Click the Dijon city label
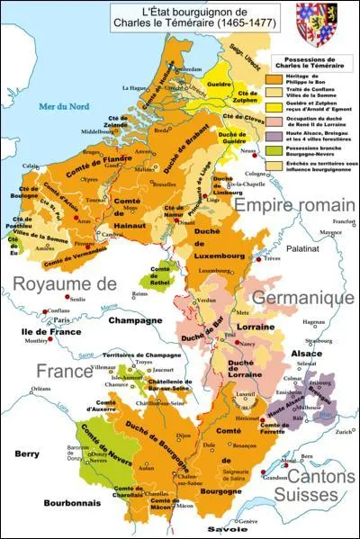pos(184,435)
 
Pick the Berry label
pos(27,454)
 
